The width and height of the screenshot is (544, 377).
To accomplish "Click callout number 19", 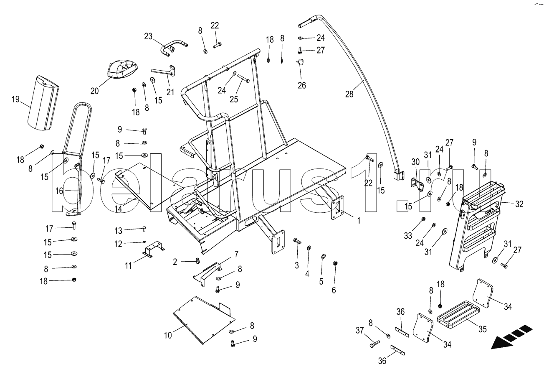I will [x=15, y=99].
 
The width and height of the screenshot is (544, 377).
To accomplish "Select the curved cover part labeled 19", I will [x=43, y=102].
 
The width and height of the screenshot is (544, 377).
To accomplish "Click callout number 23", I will [x=149, y=36].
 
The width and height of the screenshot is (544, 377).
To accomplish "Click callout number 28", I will [x=349, y=94].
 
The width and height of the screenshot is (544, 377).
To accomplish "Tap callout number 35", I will [x=482, y=329].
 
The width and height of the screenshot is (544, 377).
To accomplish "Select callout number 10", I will [x=168, y=335].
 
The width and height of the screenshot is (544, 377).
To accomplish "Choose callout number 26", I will [x=301, y=86].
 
